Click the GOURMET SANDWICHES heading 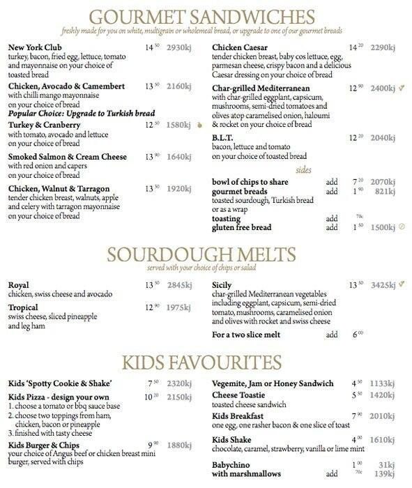pyautogui.click(x=206, y=15)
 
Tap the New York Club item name pyautogui.click(x=32, y=47)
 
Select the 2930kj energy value pyautogui.click(x=178, y=47)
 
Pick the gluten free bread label pyautogui.click(x=241, y=227)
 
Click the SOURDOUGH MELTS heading pyautogui.click(x=206, y=255)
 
